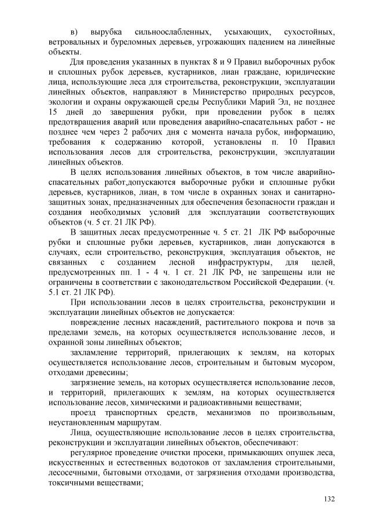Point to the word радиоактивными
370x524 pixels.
pos(222,401)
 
